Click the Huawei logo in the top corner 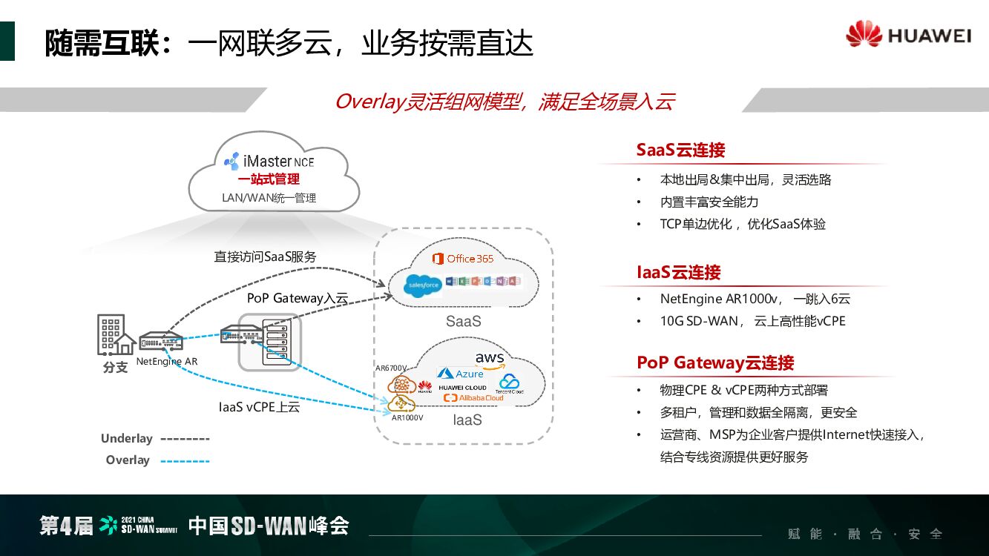908,36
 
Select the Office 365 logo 463,259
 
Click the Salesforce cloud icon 424,284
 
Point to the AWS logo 490,360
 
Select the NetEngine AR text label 167,362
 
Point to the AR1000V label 407,417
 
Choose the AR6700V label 391,368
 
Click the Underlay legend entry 155,439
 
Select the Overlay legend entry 157,460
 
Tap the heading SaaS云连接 680,150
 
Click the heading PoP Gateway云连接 715,363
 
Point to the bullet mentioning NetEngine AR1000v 755,299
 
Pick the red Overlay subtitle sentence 505,102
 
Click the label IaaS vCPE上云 259,406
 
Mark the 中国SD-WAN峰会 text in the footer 269,526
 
